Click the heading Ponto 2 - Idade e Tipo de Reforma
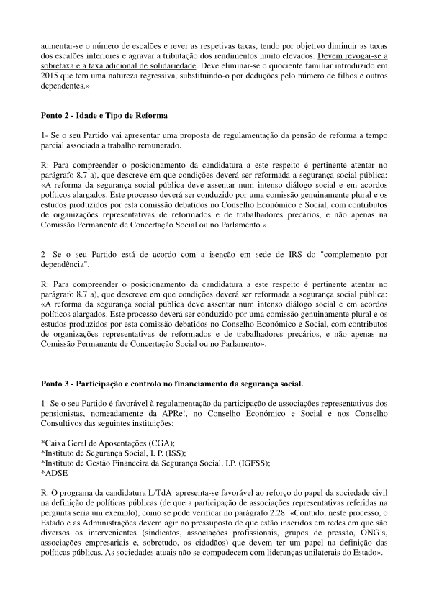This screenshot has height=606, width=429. (105, 115)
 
